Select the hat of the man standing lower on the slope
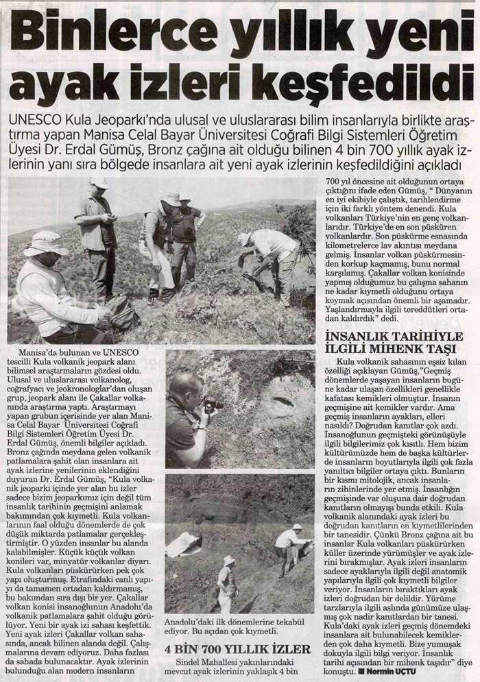229,560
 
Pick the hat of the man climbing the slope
297,526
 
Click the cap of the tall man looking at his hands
99,183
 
